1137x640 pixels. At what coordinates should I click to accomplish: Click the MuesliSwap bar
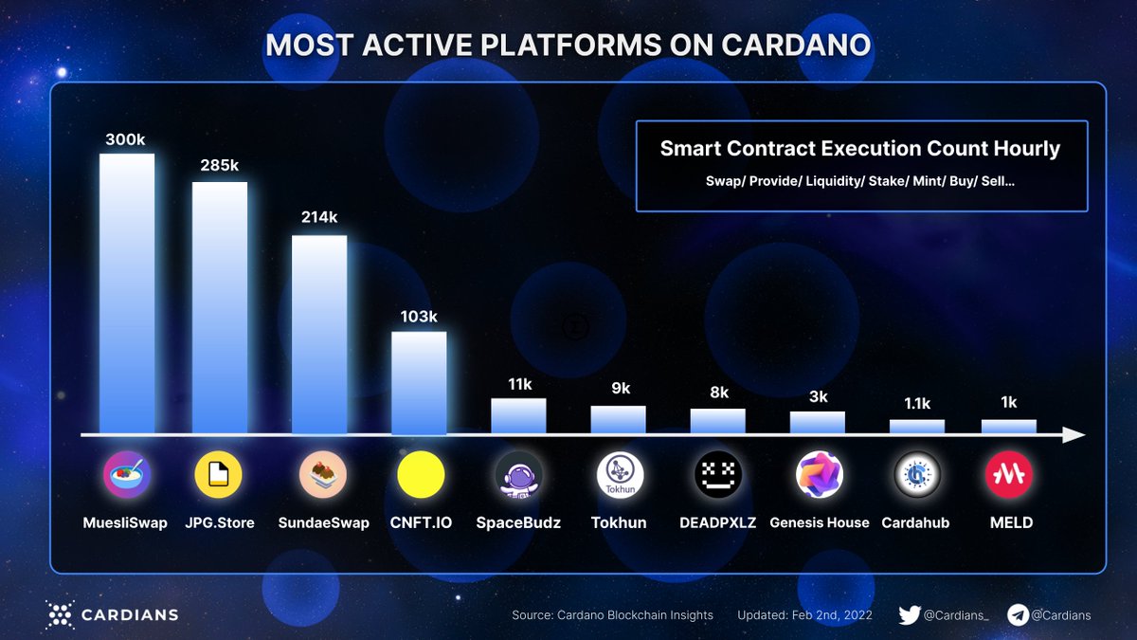[127, 294]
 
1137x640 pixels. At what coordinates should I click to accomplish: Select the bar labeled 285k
[220, 308]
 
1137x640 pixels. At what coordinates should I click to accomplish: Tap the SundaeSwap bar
[319, 335]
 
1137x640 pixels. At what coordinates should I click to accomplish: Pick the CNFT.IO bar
[419, 383]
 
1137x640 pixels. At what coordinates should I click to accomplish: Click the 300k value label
[126, 139]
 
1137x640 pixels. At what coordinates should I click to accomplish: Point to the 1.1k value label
[916, 403]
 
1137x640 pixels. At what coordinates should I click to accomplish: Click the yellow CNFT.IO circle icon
[420, 475]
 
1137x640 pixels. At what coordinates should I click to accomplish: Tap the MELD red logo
[1008, 475]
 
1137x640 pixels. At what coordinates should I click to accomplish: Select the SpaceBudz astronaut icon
[519, 475]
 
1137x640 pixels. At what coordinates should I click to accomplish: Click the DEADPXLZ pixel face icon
[717, 475]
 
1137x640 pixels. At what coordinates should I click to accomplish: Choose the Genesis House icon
[819, 475]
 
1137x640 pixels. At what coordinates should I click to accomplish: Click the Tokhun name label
[618, 522]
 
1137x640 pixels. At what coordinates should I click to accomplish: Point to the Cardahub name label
[915, 522]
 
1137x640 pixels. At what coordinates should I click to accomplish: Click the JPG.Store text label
[219, 522]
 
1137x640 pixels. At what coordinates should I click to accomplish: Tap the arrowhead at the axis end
[1074, 435]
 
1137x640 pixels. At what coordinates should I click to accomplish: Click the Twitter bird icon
[909, 614]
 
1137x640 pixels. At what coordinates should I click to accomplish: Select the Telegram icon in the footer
[1018, 614]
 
